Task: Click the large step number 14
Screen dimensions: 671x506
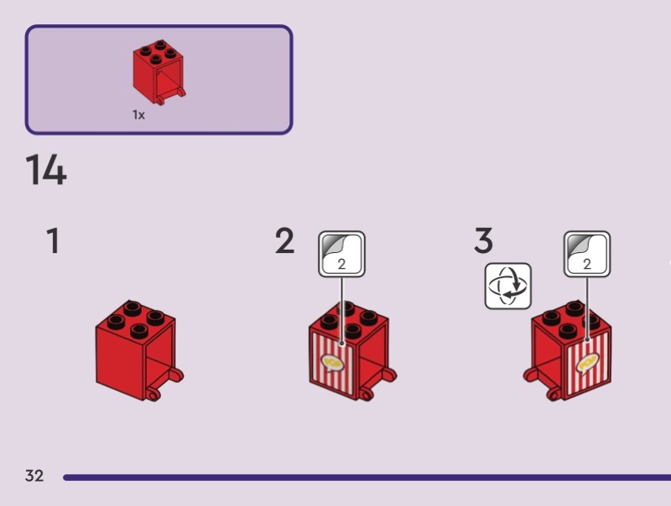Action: pyautogui.click(x=46, y=170)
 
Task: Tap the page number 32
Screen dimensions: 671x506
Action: pyautogui.click(x=34, y=476)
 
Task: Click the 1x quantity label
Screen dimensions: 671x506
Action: pyautogui.click(x=138, y=116)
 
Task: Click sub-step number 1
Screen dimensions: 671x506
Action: pyautogui.click(x=53, y=241)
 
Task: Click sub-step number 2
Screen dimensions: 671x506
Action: pyautogui.click(x=284, y=241)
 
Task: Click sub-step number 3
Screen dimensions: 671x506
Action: pyautogui.click(x=483, y=241)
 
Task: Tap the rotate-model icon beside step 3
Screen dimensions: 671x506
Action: pyautogui.click(x=508, y=286)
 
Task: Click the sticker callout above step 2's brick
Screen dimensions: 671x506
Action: pyautogui.click(x=341, y=253)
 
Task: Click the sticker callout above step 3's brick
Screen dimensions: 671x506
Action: pyautogui.click(x=587, y=253)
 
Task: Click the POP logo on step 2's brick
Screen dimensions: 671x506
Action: pyautogui.click(x=332, y=361)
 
